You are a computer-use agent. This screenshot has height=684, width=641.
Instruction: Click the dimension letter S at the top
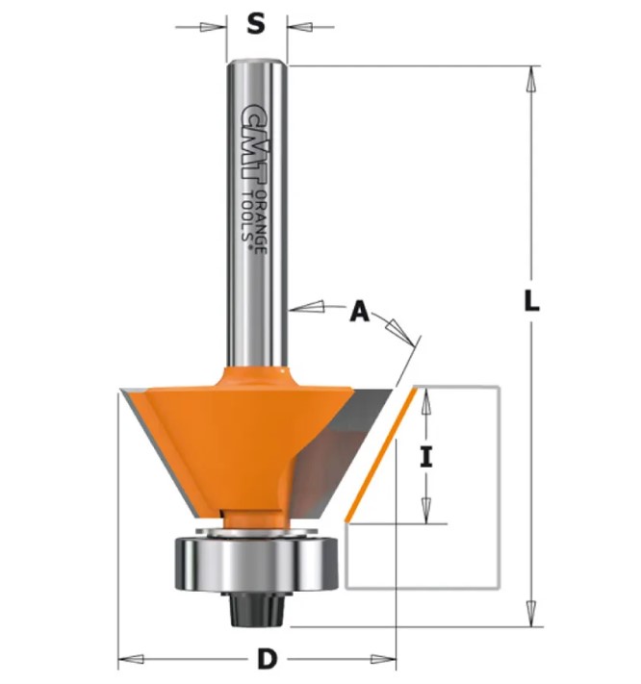click(256, 24)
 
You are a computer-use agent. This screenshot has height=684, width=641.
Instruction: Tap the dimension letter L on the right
click(531, 300)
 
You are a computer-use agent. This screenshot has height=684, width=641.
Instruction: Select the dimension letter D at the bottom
click(267, 659)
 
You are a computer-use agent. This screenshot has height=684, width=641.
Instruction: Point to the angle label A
click(360, 312)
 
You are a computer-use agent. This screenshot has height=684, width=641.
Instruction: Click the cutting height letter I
click(425, 458)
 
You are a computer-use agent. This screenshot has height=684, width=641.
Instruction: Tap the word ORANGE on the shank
click(261, 221)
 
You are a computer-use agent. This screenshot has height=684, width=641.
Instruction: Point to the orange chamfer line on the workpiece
click(380, 455)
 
